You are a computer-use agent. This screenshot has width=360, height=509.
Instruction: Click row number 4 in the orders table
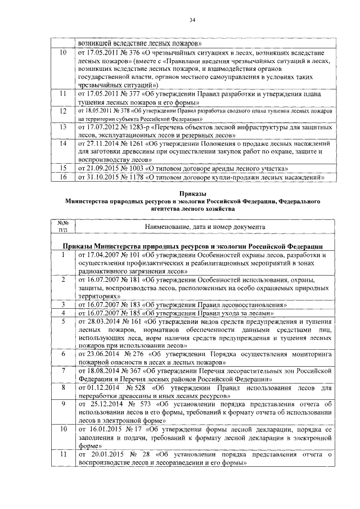[63, 313]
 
